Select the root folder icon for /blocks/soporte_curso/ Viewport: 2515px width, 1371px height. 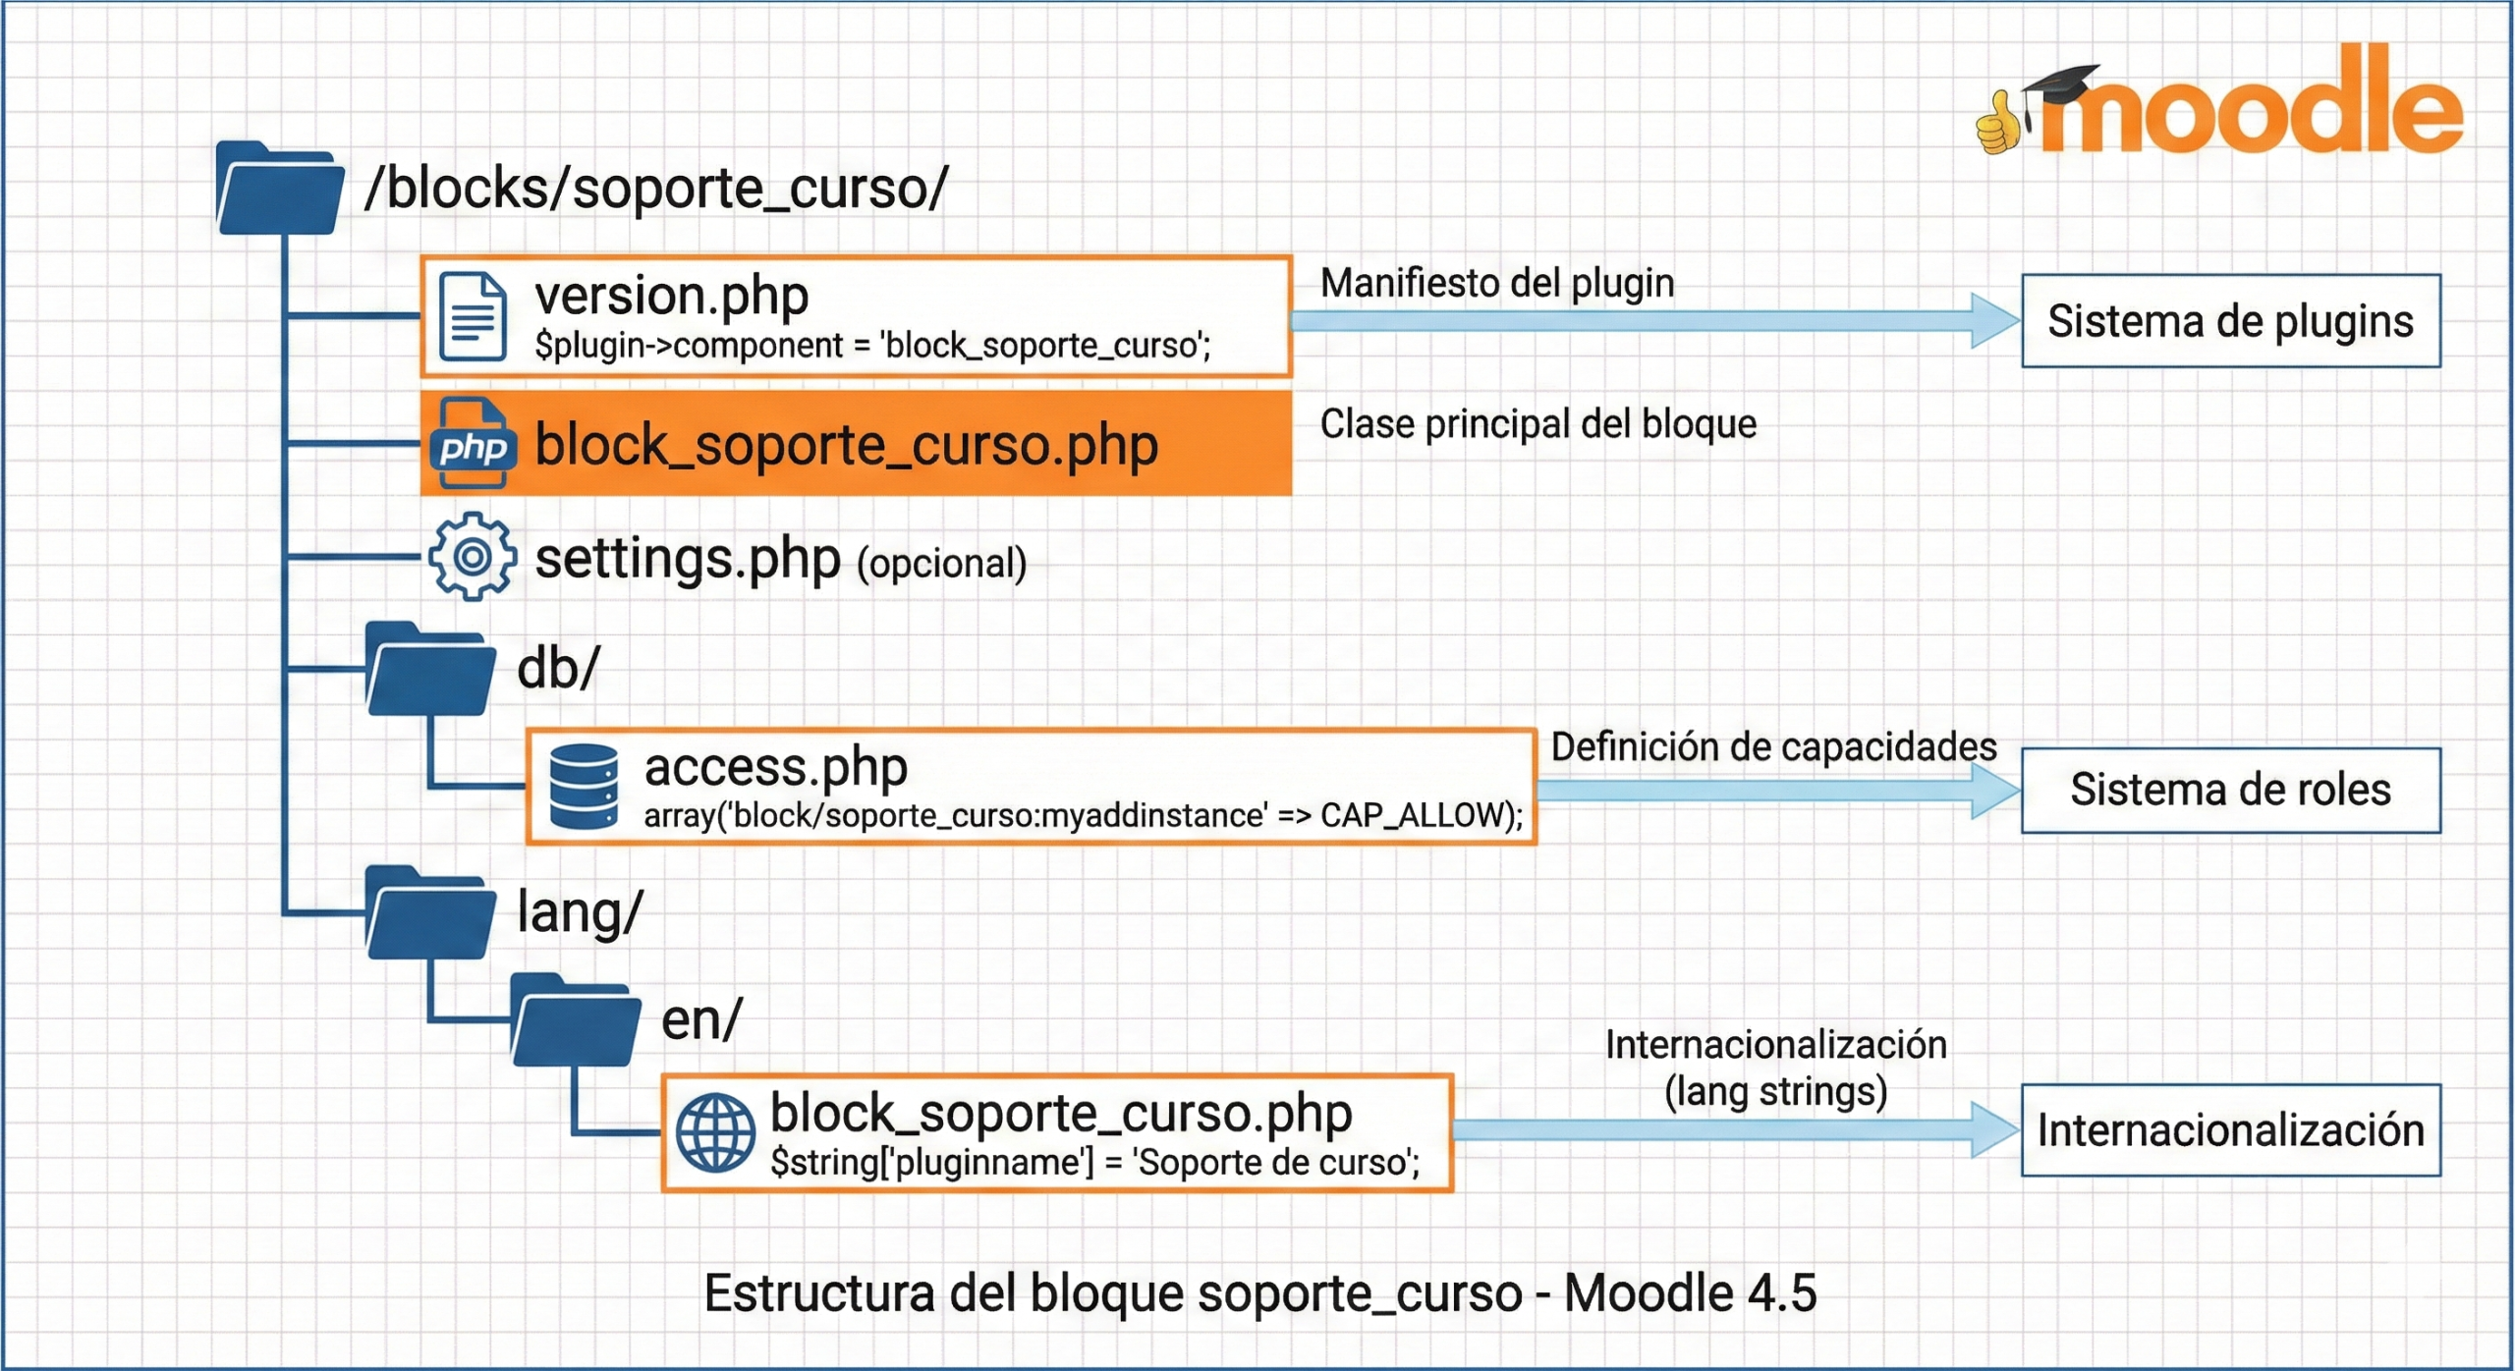point(279,190)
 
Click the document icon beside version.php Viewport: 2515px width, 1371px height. point(473,317)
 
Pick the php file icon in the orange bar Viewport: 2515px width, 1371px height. point(473,444)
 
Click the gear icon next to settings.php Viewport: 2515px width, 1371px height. point(473,557)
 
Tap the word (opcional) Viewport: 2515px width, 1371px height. point(941,564)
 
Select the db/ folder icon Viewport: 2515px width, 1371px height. point(429,670)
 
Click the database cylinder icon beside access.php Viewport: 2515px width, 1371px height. point(584,787)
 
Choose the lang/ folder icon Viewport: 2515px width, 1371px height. point(429,913)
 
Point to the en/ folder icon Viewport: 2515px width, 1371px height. point(575,1021)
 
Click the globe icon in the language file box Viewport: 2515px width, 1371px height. point(716,1133)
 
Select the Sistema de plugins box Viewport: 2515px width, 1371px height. point(2230,321)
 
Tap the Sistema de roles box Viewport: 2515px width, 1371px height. point(2230,791)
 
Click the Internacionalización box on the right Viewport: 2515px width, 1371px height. point(2230,1130)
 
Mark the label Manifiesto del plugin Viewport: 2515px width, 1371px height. point(1496,283)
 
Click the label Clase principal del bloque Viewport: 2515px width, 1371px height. point(1537,424)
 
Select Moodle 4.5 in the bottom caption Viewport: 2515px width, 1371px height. point(1690,1293)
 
